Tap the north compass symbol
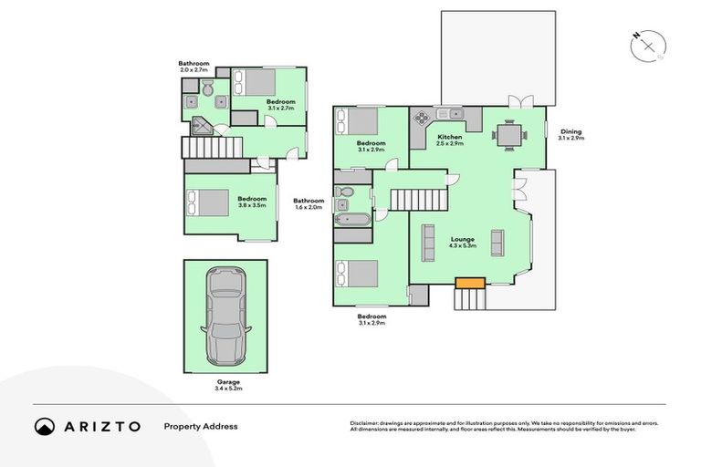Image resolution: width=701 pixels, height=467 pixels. (648, 44)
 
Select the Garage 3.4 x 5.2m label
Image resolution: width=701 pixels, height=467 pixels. (228, 385)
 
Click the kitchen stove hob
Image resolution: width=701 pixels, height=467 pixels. (423, 116)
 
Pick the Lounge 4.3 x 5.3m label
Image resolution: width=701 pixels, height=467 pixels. (462, 243)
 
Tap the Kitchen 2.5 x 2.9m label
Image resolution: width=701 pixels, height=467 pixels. (450, 140)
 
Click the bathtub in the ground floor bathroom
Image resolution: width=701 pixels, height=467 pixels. (351, 220)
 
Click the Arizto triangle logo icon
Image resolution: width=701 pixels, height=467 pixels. (45, 426)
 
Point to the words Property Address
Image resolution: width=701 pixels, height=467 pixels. (200, 426)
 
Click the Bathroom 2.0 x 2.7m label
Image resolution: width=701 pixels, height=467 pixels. (194, 66)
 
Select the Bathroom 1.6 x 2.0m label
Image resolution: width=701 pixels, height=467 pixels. (309, 204)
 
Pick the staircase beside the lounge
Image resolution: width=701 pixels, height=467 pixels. (421, 197)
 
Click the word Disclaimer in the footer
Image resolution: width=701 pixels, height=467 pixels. (364, 423)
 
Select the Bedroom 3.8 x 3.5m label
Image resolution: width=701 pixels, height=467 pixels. (252, 202)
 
